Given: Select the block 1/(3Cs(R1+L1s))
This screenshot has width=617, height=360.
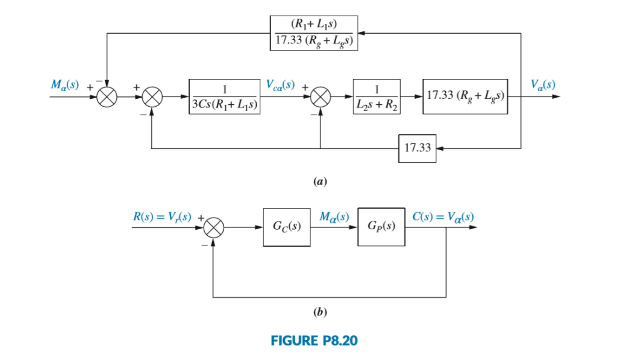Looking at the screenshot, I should coord(224,96).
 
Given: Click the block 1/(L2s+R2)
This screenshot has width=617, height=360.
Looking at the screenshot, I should coord(376,96).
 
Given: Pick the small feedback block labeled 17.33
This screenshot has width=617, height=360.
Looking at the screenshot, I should coord(416,148).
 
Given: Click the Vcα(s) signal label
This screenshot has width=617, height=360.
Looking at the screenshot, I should coord(280,84).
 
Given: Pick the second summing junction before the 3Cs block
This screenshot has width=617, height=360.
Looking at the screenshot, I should coord(152,96).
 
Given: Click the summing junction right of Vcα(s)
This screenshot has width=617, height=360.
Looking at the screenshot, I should coord(319,96).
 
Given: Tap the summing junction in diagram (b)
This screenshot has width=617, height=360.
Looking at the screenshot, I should coord(213,228).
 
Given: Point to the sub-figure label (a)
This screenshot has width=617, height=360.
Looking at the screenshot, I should coord(320,180).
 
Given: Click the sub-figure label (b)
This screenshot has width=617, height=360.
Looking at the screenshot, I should coord(320,312).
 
